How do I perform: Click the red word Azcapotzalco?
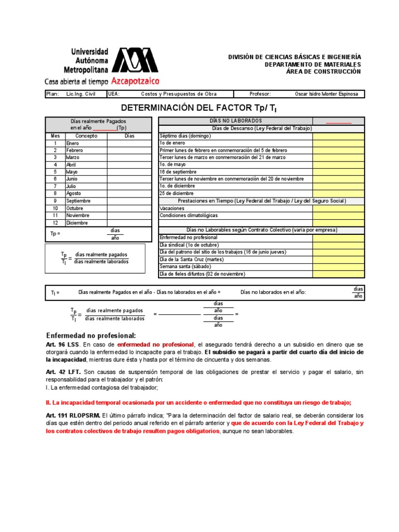click(135, 82)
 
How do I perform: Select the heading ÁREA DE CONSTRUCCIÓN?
click(323, 71)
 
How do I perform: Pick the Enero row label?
click(72, 143)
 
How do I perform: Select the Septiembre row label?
click(78, 201)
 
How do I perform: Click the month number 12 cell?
click(55, 222)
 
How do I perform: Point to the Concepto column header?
click(86, 136)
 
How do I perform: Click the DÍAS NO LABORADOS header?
click(235, 121)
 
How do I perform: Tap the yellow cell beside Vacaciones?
click(338, 208)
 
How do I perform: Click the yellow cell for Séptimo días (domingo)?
click(338, 136)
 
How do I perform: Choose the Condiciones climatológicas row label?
click(189, 215)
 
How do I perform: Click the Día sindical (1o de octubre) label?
click(189, 245)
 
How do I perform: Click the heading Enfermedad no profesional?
click(91, 336)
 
